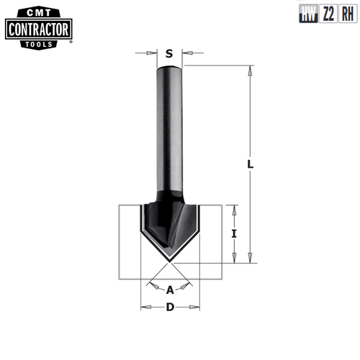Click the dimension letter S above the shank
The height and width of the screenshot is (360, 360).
169,53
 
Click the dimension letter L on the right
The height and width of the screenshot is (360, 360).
250,164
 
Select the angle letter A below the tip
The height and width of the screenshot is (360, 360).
170,290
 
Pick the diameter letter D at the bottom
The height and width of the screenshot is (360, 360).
170,308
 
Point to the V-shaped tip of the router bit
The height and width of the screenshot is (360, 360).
170,260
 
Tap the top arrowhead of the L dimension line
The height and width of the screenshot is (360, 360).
250,71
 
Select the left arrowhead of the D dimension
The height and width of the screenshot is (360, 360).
143,308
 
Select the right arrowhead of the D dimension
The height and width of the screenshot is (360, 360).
195,308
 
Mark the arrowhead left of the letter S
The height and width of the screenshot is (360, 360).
152,53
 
